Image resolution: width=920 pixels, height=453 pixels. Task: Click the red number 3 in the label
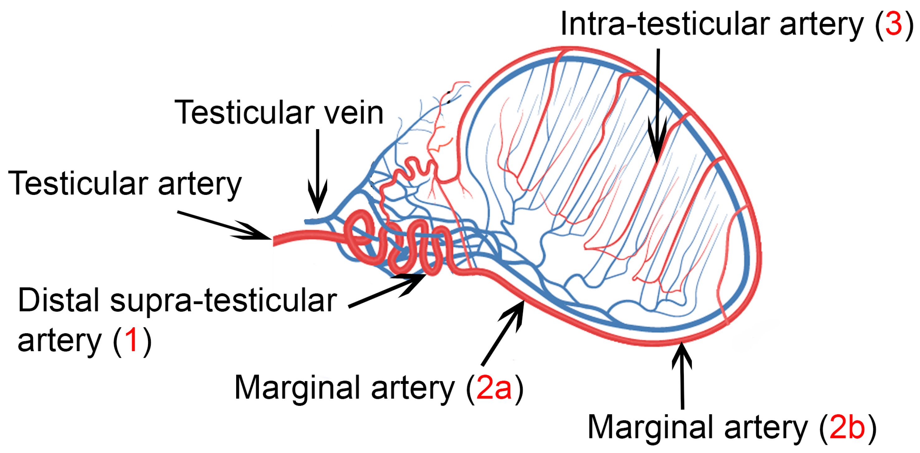894,24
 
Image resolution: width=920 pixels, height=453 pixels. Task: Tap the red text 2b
847,427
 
